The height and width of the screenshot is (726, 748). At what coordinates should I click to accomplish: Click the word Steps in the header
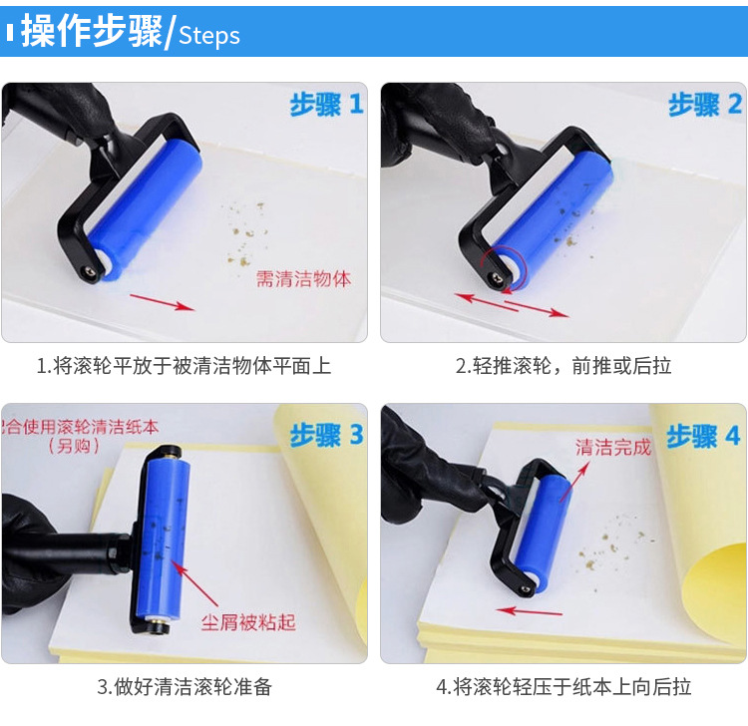[x=209, y=36]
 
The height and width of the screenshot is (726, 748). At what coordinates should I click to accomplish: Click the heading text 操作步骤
[x=91, y=33]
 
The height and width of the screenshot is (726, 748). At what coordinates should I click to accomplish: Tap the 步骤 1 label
[x=326, y=104]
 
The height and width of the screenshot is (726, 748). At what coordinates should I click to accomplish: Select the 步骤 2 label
[x=704, y=104]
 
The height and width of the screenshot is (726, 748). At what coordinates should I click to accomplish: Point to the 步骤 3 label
[x=326, y=435]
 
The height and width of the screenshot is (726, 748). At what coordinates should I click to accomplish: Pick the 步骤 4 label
[x=704, y=435]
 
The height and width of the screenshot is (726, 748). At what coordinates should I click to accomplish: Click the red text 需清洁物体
[x=303, y=279]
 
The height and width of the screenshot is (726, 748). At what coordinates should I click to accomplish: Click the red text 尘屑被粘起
[x=248, y=622]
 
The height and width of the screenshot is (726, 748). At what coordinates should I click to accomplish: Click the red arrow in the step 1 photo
[x=160, y=302]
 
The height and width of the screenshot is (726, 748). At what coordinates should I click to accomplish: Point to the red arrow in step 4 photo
[x=530, y=610]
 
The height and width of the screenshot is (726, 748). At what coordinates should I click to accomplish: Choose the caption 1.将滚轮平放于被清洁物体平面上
[x=184, y=366]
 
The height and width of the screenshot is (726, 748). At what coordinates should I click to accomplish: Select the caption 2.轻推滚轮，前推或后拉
[x=563, y=366]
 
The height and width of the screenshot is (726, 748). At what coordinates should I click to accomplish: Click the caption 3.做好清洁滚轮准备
[x=184, y=687]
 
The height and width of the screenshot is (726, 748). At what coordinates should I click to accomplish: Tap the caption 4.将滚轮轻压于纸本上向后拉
[x=563, y=687]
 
